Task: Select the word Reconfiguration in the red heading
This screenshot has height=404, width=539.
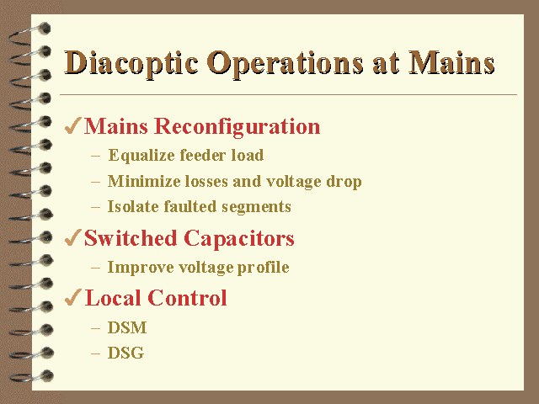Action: (237, 127)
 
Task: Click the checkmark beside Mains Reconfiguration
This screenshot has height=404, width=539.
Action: (73, 125)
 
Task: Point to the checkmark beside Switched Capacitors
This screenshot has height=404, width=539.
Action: (73, 237)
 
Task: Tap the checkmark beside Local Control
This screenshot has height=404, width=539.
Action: (73, 297)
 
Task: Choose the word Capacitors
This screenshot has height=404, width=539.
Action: (239, 239)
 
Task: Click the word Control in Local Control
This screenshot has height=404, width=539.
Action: (187, 297)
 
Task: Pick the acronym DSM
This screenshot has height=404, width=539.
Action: (127, 327)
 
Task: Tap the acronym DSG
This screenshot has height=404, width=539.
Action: (125, 353)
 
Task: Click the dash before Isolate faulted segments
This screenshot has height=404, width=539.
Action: (95, 207)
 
